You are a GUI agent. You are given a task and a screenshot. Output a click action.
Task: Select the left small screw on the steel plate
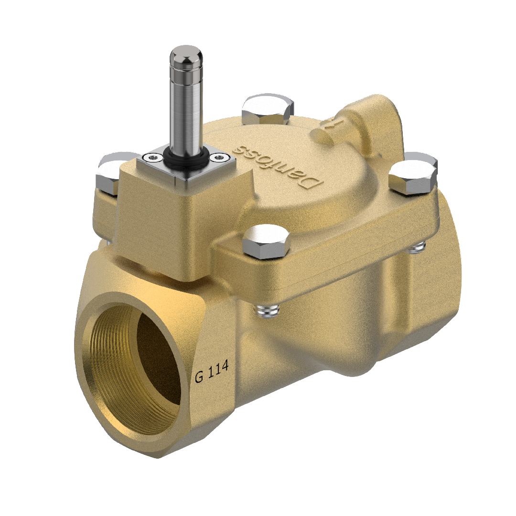[x=152, y=156]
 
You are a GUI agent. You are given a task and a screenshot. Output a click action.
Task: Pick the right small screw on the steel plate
[x=219, y=156]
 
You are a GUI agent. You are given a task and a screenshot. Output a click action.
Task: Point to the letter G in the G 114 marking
[x=200, y=376]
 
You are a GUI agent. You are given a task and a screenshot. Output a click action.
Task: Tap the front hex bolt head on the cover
[x=267, y=239]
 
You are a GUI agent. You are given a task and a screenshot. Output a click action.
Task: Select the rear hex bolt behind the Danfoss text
[x=268, y=109]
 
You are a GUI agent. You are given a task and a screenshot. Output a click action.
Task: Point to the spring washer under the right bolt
[x=419, y=247]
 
